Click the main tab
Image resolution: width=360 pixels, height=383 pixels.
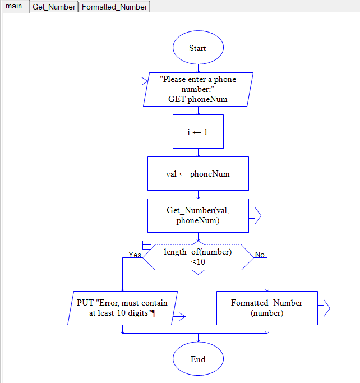coord(13,7)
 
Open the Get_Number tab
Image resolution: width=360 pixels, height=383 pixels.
coord(54,7)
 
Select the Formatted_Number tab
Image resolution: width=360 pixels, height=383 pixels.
coord(114,7)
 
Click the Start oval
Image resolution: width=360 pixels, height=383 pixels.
coord(197,48)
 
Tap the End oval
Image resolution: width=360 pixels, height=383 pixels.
coord(197,359)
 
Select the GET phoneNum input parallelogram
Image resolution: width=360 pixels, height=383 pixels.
coord(198,89)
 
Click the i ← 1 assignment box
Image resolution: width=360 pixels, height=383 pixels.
coord(198,131)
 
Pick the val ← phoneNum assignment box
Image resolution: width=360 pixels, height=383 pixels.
coord(198,173)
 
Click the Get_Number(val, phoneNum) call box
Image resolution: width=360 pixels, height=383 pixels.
coord(198,215)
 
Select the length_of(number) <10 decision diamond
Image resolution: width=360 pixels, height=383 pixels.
coord(198,257)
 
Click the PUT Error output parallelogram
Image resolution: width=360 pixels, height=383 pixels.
coord(122,308)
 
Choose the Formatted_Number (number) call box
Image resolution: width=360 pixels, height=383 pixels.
coord(267,308)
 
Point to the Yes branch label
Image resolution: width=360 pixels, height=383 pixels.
coord(135,255)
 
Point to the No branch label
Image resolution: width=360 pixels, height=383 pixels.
coord(260,255)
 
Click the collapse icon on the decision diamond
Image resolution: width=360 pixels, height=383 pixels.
coord(147,245)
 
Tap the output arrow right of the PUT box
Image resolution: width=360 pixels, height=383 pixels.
coord(179,317)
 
